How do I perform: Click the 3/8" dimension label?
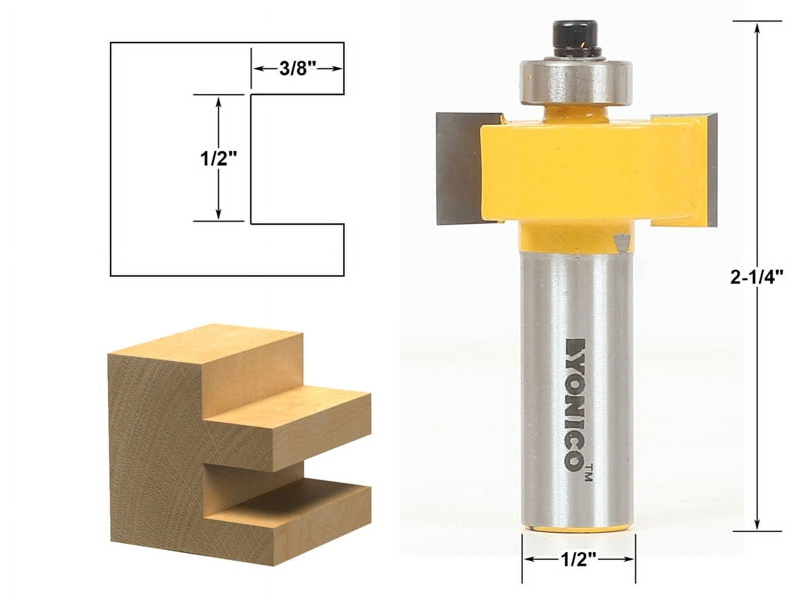(296, 69)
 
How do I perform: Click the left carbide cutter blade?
(458, 168)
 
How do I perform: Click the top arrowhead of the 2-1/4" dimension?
(757, 28)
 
